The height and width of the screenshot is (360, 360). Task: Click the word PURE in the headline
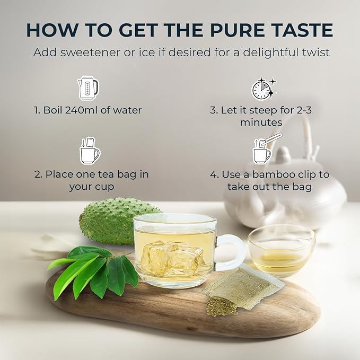tap(238, 30)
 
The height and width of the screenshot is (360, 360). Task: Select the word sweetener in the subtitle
tap(90, 52)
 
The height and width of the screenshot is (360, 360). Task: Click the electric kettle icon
tap(88, 89)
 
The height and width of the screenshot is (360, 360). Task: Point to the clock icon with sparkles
tap(264, 89)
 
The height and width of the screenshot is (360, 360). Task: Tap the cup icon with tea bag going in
tap(90, 151)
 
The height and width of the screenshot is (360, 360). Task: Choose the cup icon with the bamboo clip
tap(267, 149)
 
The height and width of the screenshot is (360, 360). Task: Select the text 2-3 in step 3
tap(304, 110)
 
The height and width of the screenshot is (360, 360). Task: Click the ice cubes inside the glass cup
tap(172, 257)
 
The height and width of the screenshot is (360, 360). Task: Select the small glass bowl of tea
tap(282, 250)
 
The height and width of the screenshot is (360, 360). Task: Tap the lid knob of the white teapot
tap(283, 153)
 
